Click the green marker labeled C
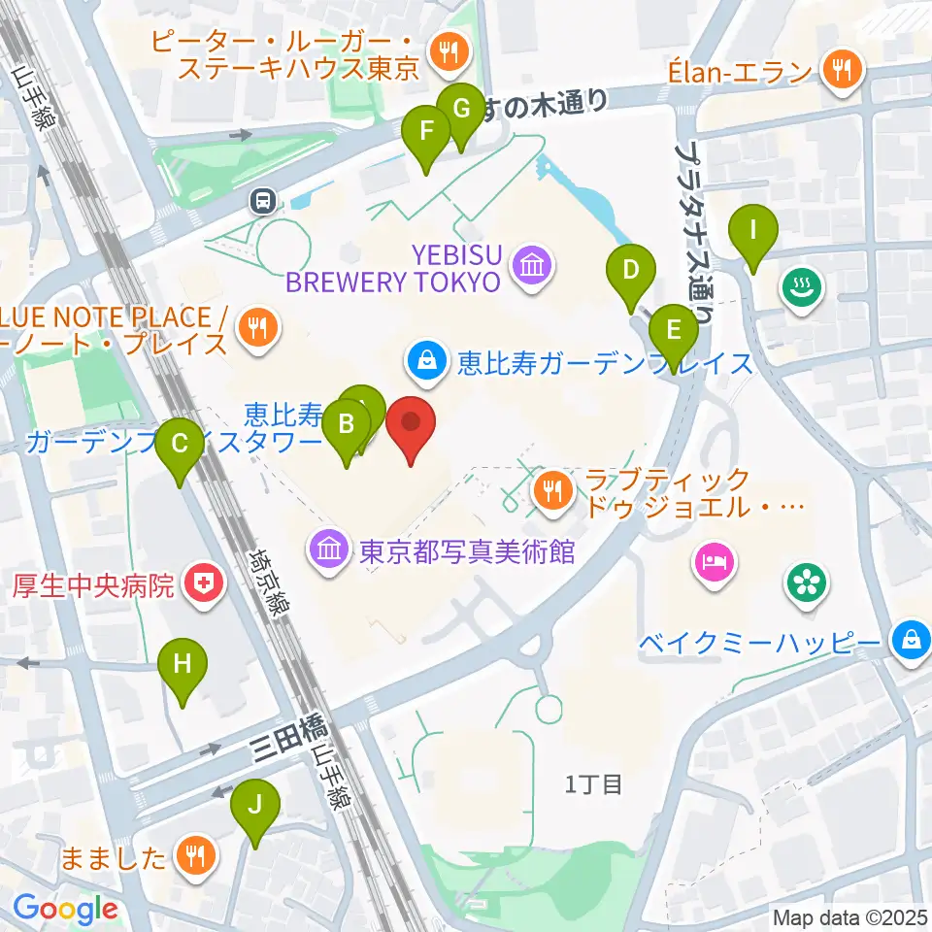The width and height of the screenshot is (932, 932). click(x=180, y=445)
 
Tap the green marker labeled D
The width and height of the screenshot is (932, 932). click(x=631, y=269)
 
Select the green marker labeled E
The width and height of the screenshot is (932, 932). click(x=673, y=330)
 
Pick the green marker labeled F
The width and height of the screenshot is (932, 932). click(x=425, y=131)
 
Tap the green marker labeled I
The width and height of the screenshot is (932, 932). click(x=752, y=232)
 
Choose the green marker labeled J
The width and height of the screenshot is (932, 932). click(x=254, y=805)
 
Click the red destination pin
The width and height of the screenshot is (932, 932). click(x=411, y=423)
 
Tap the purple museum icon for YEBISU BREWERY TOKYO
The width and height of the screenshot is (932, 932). click(x=533, y=263)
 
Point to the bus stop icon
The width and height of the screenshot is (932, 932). click(x=262, y=201)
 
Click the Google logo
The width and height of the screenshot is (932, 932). click(x=65, y=909)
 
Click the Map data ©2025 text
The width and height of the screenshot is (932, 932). click(x=849, y=917)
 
